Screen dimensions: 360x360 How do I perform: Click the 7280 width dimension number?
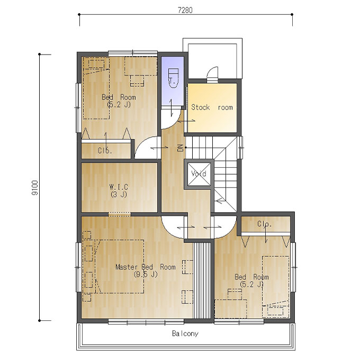pos(185,11)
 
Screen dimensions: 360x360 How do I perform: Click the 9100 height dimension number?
pos(35,187)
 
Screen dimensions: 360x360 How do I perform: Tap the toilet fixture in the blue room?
pos(173,78)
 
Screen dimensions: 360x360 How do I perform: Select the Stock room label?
pos(212,107)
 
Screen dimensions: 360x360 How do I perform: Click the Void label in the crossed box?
pos(199,173)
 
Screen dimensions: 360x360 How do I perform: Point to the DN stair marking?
pos(181,148)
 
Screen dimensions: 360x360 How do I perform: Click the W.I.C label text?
pos(119,186)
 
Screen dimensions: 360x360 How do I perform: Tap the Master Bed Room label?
pos(146,267)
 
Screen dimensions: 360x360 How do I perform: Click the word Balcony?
pos(185,334)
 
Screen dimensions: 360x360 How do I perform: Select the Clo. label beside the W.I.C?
pos(105,150)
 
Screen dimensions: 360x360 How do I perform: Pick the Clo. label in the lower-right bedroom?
pos(265,223)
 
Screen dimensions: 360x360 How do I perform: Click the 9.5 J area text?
pos(146,274)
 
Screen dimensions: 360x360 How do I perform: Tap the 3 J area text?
pos(119,194)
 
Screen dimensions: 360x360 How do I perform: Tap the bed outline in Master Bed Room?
pos(120,266)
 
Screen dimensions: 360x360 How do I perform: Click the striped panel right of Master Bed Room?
pos(202,281)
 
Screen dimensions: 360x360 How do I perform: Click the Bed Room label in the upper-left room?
pos(119,97)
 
